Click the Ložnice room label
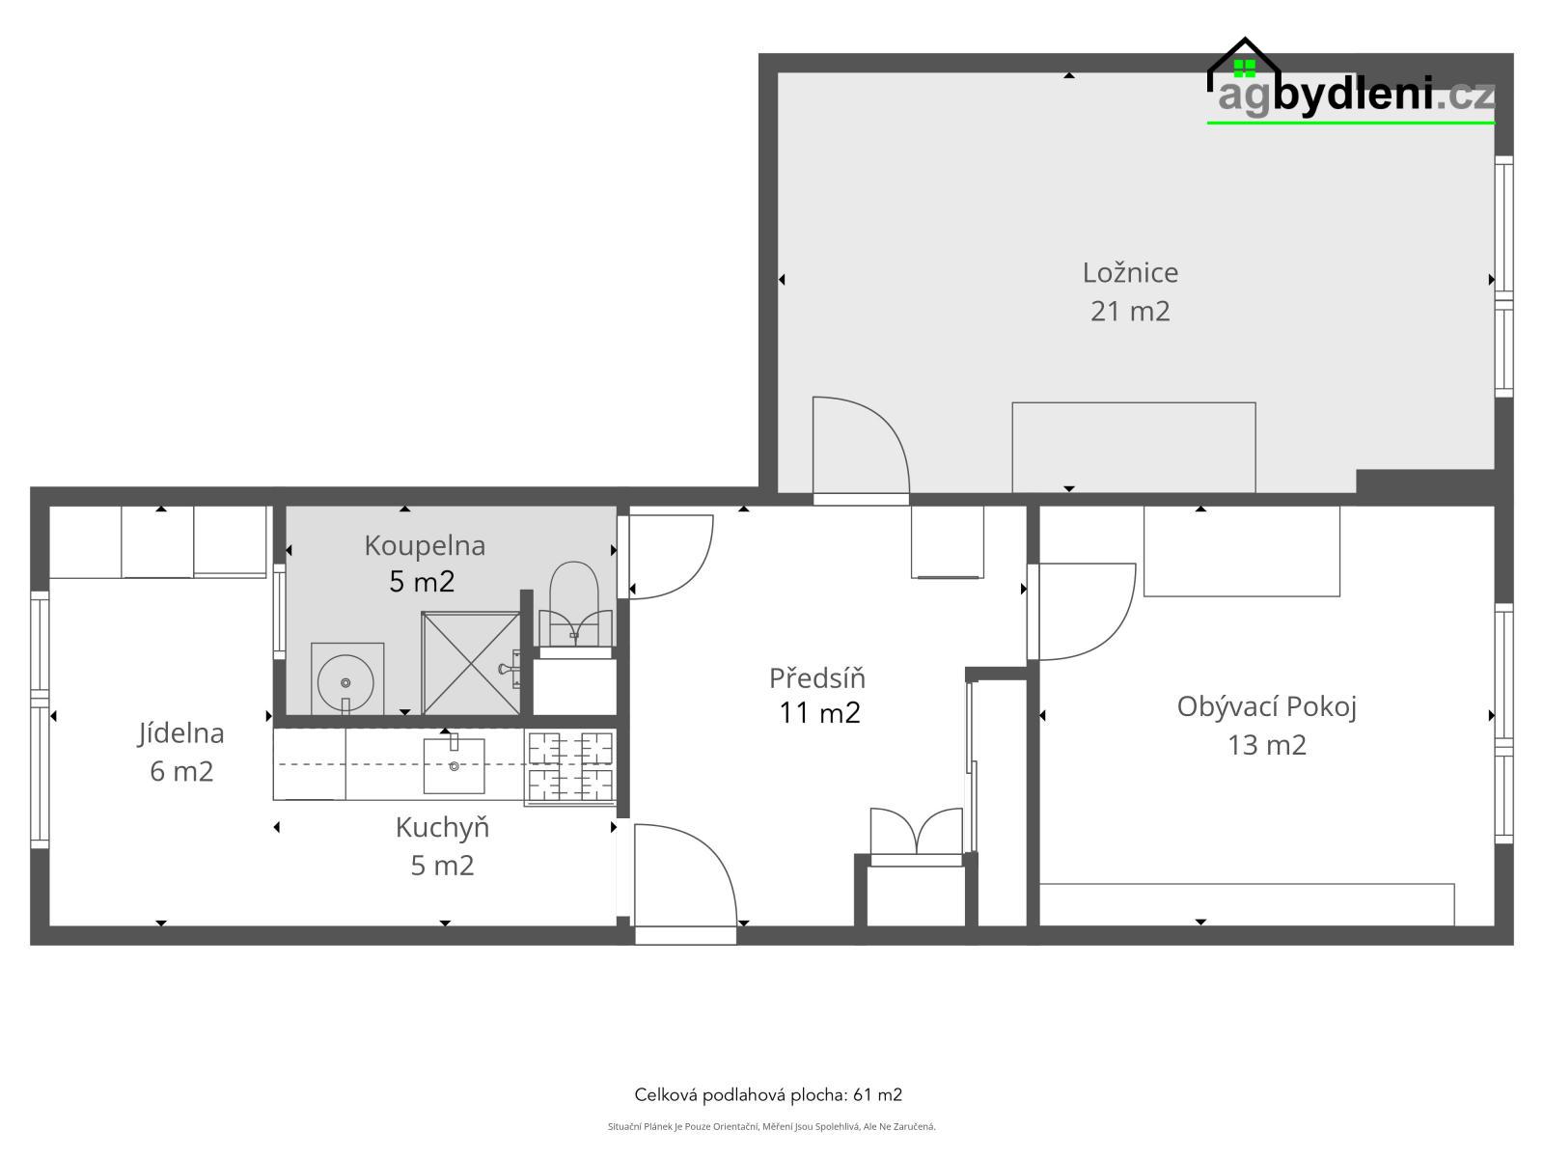coord(1130,273)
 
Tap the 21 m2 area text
coord(1130,311)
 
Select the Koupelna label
coord(425,545)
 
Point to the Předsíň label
coord(816,677)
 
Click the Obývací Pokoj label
coord(1266,707)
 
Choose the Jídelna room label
coord(180,733)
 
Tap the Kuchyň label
coord(442,828)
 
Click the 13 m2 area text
coord(1266,745)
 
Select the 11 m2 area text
coord(819,713)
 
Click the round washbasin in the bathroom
coord(345,681)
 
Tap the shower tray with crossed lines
coord(471,663)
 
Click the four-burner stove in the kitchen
coord(570,766)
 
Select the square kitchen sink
coord(454,765)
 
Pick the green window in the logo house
coord(1244,68)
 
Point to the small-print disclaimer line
coord(772,1126)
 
